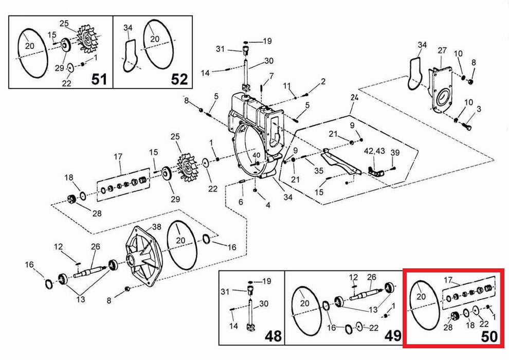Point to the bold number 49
[x=393, y=336]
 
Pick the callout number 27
[x=442, y=51]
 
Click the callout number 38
[x=156, y=226]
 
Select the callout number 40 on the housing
[x=257, y=155]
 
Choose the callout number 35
[x=319, y=171]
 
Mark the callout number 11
[x=287, y=85]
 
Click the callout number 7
[x=271, y=76]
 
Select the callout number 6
[x=240, y=202]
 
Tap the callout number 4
[x=267, y=205]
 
